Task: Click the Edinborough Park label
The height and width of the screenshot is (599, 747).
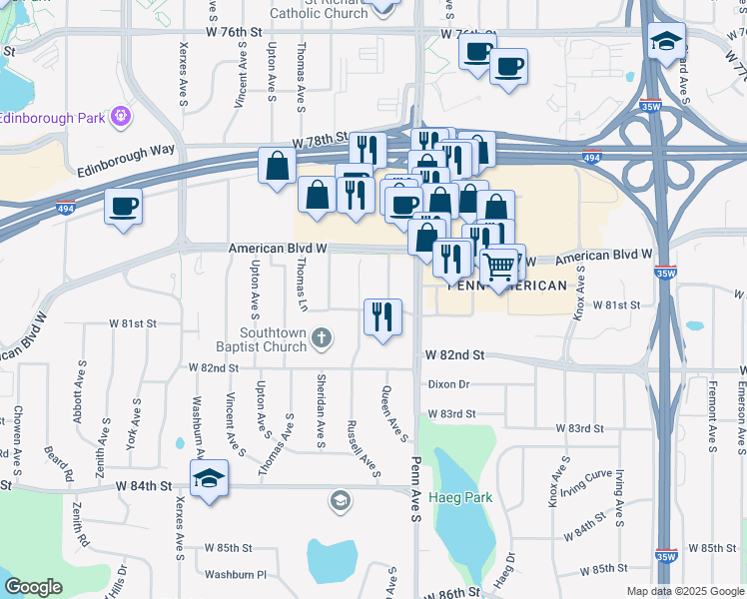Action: [x=52, y=118]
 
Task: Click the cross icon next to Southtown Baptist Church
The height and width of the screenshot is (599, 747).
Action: [x=322, y=337]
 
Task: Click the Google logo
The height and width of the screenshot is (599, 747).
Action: [x=34, y=587]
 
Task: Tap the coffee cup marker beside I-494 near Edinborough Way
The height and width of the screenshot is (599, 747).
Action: [x=123, y=207]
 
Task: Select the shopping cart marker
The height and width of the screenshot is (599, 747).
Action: [x=499, y=266]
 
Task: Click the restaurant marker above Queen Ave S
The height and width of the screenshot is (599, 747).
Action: [x=382, y=317]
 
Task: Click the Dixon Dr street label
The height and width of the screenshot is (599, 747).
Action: [x=448, y=383]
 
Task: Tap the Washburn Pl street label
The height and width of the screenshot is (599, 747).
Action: [x=236, y=575]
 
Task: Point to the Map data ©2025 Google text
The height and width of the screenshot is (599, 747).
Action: [x=684, y=591]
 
